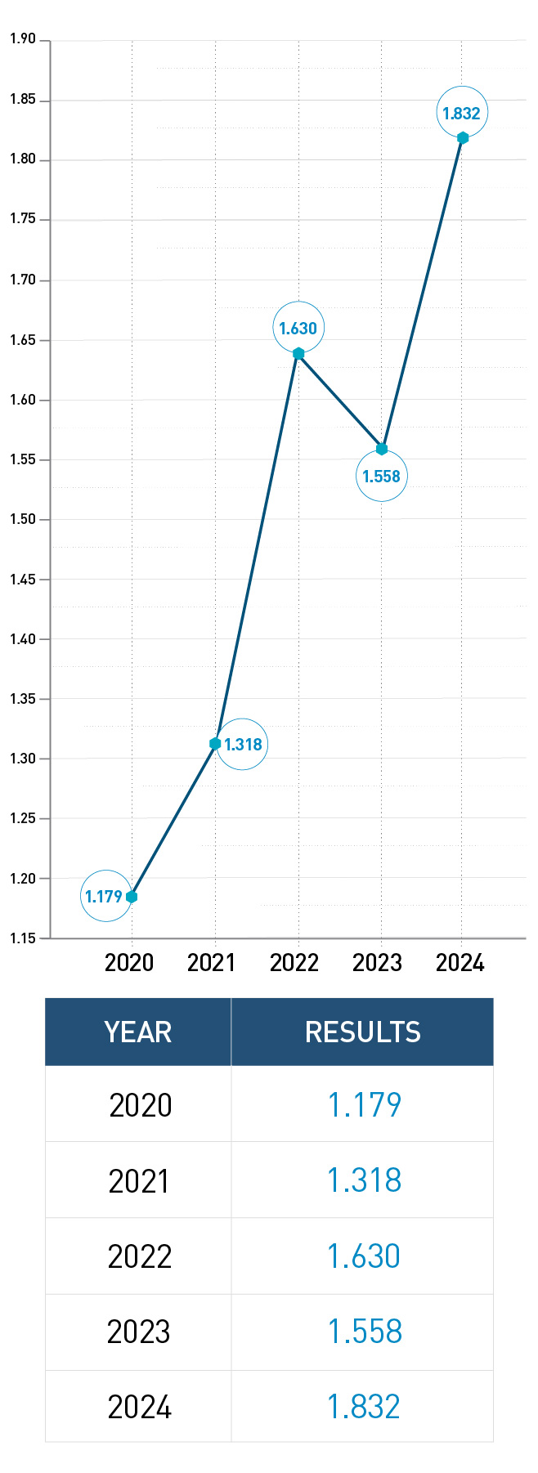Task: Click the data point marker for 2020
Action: coord(132,897)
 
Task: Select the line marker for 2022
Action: coord(298,353)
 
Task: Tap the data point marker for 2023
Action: coord(381,449)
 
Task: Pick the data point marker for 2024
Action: coord(463,137)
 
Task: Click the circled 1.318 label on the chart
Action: coord(243,744)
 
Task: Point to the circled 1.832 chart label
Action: coord(462,113)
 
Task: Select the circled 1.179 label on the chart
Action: coord(105,896)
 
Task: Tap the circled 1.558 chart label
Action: coord(381,476)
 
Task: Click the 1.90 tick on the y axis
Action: coord(23,39)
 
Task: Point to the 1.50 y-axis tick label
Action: coord(23,519)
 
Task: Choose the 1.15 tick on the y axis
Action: coord(23,938)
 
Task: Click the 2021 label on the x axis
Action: coord(211,963)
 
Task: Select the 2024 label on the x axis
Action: coord(460,963)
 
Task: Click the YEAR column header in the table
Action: coord(138,1032)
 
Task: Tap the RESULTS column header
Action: coord(362,1032)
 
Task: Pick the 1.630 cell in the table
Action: coord(364,1256)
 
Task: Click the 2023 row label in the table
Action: coord(139,1332)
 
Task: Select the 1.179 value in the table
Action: coord(364,1105)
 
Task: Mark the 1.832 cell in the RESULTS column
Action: coord(364,1407)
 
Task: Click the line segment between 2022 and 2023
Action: coord(340,401)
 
